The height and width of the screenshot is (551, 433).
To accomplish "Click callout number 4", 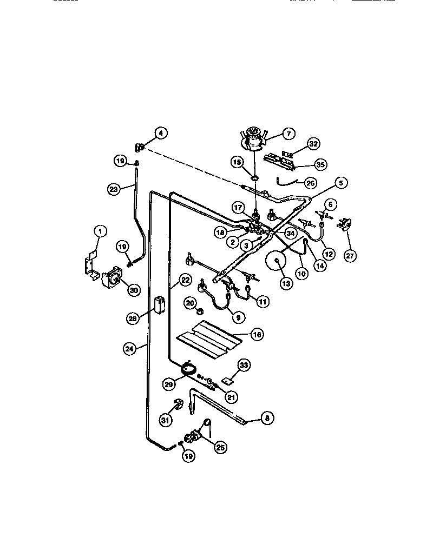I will click(160, 132).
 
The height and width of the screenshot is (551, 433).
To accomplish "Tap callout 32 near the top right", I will click(313, 144).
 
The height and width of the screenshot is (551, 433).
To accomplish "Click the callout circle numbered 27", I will click(350, 255).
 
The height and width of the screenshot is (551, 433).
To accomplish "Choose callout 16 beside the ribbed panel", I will click(257, 335).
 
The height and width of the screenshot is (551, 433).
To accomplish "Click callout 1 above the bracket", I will click(99, 231).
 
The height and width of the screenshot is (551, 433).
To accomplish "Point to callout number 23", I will click(113, 189).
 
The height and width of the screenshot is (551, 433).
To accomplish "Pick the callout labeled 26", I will click(310, 183).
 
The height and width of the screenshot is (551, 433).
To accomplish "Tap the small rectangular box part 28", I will click(160, 304).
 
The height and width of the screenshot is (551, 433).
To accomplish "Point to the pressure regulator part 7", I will click(253, 137).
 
